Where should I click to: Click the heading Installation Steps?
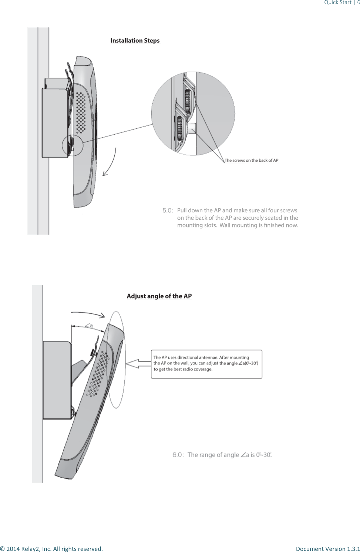(135, 41)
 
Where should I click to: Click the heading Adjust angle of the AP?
(159, 296)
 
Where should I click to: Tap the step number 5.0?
(168, 211)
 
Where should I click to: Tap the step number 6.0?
(178, 455)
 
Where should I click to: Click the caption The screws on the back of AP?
(252, 160)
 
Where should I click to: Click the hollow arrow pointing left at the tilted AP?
(138, 364)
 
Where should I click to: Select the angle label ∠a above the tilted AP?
(89, 326)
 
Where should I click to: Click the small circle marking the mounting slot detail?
(73, 145)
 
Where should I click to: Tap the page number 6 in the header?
(358, 3)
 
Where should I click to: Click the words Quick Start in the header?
(337, 3)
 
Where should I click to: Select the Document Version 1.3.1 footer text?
(328, 549)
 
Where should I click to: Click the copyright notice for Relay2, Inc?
(51, 549)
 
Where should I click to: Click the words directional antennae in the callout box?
(198, 357)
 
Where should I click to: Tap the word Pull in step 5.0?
(182, 211)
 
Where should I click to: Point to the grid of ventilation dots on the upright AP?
(81, 113)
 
